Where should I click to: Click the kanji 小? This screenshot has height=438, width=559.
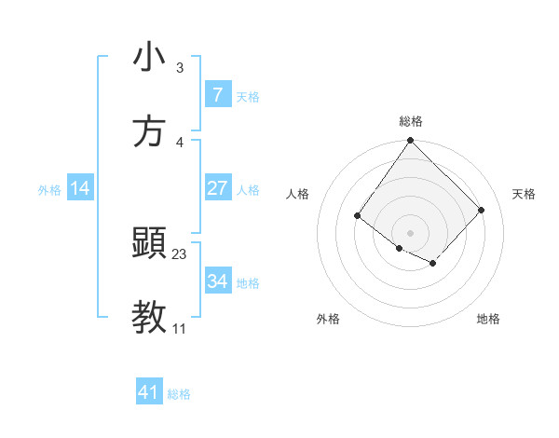[149, 59]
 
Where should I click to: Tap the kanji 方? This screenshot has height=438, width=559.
[149, 131]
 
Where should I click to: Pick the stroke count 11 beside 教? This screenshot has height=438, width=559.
[180, 329]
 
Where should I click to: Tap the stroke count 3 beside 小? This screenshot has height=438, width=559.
[180, 69]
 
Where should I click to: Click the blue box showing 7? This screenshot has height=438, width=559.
[217, 95]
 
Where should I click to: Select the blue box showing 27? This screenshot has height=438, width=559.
[217, 188]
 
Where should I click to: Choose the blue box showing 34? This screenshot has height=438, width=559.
[217, 281]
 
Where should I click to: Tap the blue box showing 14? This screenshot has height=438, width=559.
[80, 188]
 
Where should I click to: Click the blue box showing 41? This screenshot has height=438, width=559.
[149, 392]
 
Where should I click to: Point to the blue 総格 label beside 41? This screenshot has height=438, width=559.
[179, 394]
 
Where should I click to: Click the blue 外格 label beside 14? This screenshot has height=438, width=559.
[49, 190]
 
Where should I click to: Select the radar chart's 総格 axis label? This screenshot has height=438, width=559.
[411, 121]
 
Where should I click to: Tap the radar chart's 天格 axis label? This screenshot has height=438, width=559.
[524, 194]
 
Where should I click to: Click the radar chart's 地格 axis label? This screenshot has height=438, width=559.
[488, 319]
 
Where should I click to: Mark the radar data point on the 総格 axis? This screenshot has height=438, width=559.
[411, 141]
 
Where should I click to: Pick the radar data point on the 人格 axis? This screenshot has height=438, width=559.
[358, 216]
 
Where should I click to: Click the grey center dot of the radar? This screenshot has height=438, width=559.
[411, 232]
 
